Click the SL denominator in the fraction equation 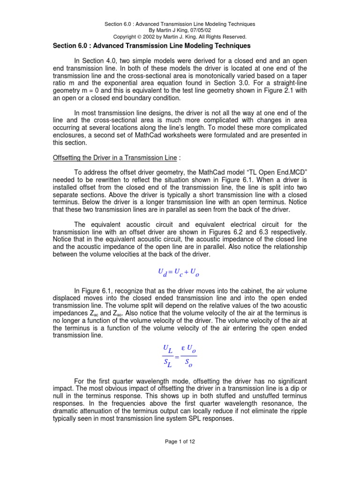[x=167, y=363]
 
